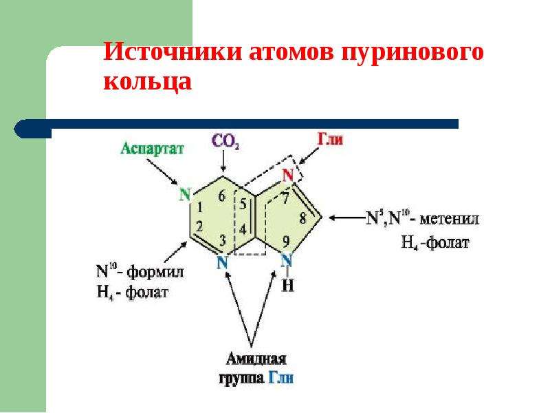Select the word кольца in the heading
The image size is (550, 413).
148,81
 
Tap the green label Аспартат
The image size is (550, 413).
152,149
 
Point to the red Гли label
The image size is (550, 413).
330,140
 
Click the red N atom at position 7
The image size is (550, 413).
288,175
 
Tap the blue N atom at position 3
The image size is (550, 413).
222,262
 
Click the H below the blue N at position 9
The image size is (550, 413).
287,286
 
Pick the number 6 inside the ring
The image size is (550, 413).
221,196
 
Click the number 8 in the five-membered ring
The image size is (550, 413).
302,218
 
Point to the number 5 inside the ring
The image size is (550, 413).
243,204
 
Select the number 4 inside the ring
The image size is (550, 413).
243,230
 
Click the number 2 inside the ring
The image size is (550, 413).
199,226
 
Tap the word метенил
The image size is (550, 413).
449,219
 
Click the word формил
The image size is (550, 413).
155,272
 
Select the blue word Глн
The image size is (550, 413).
281,378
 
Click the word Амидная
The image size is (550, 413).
256,359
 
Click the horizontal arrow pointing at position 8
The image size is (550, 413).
346,218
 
